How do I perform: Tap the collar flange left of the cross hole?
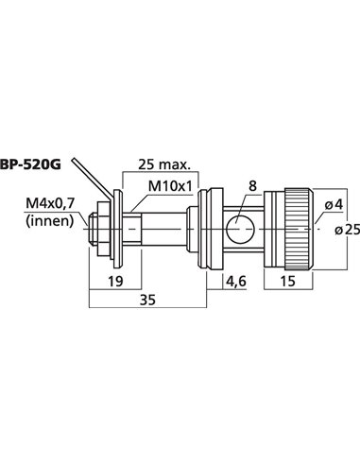pyautogui.click(x=200, y=229)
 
